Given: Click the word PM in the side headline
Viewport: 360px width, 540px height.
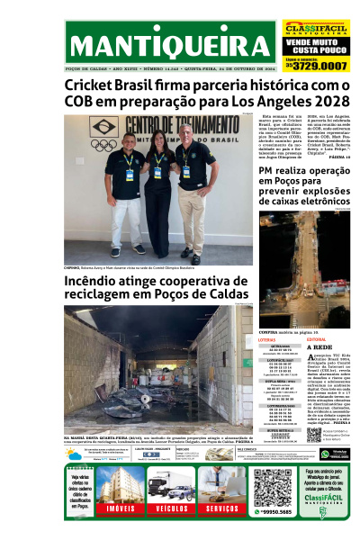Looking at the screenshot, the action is coord(267,170).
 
